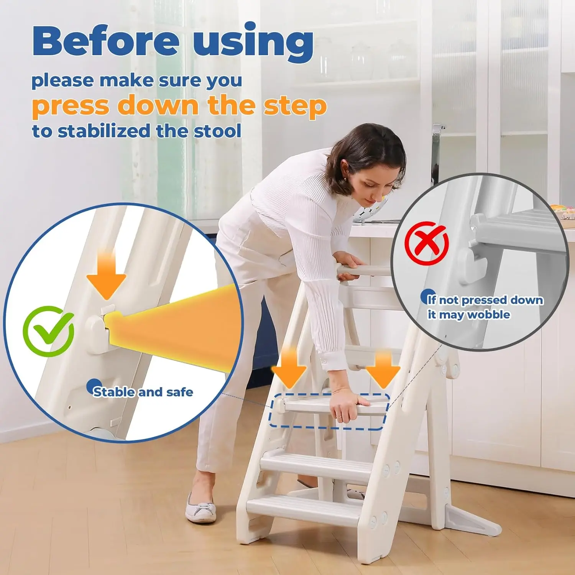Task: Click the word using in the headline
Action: tap(253, 42)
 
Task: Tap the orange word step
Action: tap(295, 106)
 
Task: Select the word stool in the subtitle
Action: tap(218, 131)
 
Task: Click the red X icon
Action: tap(427, 243)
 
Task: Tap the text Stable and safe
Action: tap(143, 392)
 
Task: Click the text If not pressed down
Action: tap(485, 300)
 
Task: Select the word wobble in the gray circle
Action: tap(489, 315)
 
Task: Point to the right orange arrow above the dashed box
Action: tap(383, 370)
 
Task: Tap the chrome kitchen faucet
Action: tap(436, 153)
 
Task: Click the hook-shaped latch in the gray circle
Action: tap(471, 264)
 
